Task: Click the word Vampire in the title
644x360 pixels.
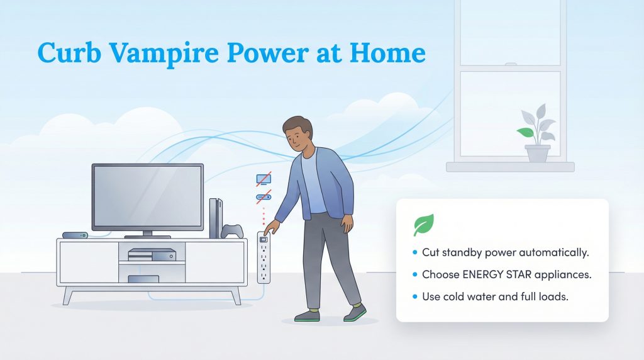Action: tap(151, 53)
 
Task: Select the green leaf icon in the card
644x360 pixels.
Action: tap(423, 225)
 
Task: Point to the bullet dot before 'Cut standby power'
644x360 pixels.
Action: tap(414, 253)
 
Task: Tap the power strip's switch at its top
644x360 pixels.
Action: tap(264, 239)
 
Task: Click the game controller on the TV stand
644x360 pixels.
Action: tap(232, 231)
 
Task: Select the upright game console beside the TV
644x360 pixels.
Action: tap(214, 218)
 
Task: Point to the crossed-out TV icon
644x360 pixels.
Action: tap(262, 180)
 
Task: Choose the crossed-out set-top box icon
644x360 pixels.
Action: tap(262, 196)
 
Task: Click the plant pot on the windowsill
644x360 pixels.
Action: tap(537, 154)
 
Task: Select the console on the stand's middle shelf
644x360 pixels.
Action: tap(152, 254)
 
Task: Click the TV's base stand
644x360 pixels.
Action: tap(147, 236)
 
